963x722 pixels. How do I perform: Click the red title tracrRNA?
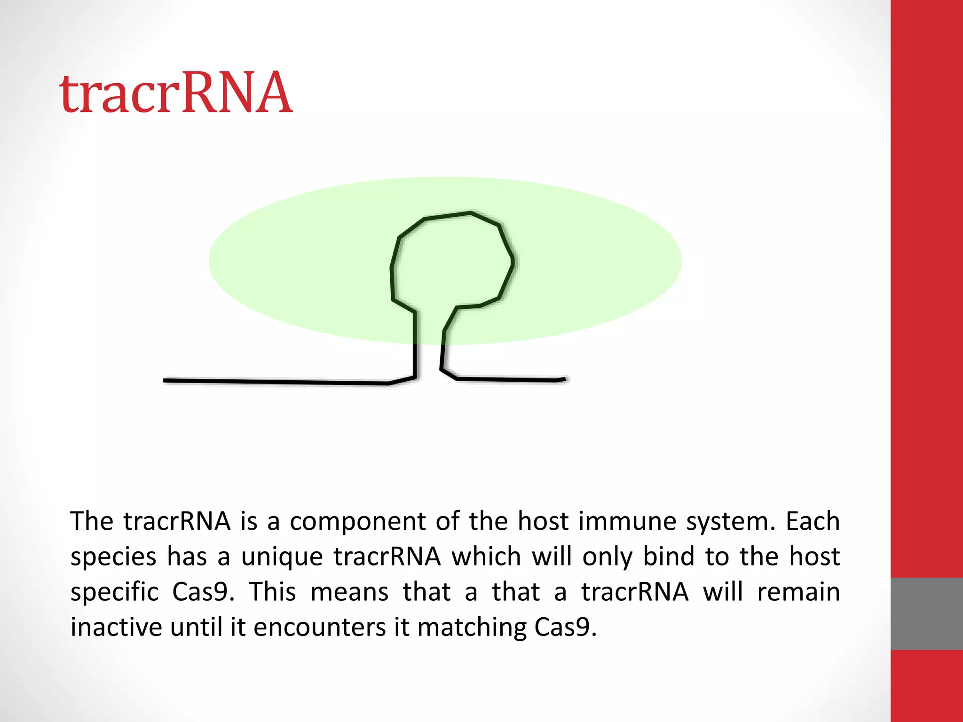click(176, 93)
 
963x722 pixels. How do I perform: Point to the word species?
click(113, 557)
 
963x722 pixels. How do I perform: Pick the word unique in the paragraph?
click(282, 557)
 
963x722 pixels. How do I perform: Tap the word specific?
click(115, 592)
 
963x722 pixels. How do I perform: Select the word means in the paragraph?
click(349, 592)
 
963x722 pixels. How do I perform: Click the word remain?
click(798, 592)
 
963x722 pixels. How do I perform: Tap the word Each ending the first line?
click(813, 521)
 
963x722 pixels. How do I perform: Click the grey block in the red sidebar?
click(926, 613)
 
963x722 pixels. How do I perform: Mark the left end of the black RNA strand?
click(165, 380)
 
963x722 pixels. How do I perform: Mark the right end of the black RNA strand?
click(564, 379)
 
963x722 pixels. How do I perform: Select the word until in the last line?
click(196, 627)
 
